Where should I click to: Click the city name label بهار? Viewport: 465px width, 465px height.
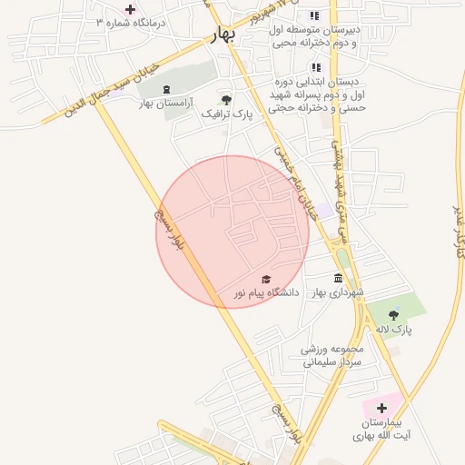[221, 35]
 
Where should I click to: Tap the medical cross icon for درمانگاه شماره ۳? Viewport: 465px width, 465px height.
[130, 10]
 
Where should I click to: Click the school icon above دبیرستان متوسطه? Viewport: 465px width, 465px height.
[314, 15]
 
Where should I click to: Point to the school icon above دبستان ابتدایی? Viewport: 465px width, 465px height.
[316, 67]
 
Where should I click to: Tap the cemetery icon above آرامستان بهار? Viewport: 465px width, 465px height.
[166, 89]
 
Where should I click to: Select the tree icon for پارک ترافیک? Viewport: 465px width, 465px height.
[225, 100]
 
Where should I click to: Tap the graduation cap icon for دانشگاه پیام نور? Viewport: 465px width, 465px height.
[266, 279]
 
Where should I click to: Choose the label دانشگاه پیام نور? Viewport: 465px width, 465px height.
[266, 292]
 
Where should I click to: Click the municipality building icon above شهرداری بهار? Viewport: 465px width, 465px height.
[338, 278]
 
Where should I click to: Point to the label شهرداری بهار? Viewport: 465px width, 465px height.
[338, 292]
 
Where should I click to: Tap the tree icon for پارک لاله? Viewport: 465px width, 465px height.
[393, 314]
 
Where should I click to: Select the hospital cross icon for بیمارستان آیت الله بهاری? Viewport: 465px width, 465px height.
[381, 409]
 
